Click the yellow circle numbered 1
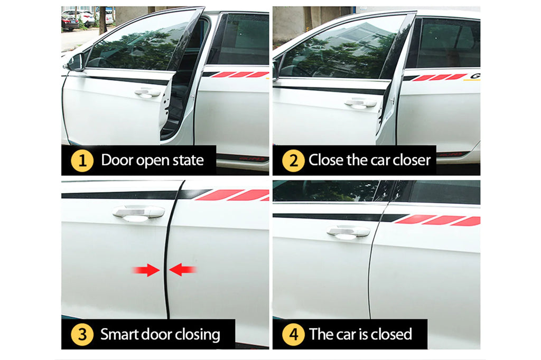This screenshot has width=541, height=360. (82, 160)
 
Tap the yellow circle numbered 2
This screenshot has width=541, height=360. (293, 160)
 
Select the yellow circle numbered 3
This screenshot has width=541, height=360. (82, 335)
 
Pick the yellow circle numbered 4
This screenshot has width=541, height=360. (293, 335)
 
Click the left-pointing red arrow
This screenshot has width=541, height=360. (182, 270)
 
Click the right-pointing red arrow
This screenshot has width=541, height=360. (146, 270)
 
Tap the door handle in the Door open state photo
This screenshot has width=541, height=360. (148, 93)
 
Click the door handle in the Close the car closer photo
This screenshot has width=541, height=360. (360, 103)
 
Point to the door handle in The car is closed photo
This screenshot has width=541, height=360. (349, 232)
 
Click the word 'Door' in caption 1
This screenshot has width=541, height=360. (117, 160)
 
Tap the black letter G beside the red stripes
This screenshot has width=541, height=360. (475, 76)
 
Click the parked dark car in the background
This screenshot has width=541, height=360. (70, 23)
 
